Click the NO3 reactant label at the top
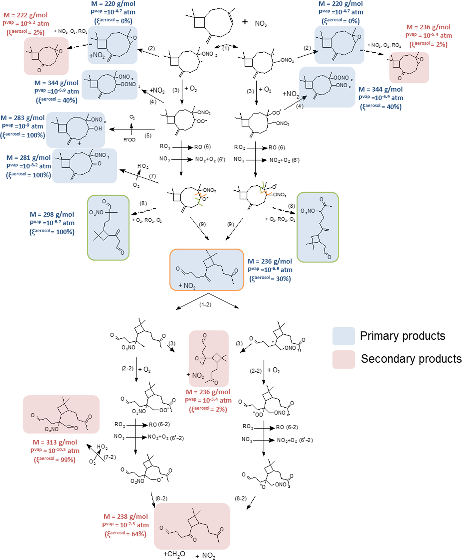tap(261, 24)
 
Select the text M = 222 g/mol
tap(25, 15)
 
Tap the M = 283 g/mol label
tap(23, 118)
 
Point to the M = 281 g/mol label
tap(28, 158)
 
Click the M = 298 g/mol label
tap(52, 215)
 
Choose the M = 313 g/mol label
tap(55, 442)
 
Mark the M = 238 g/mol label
tap(126, 516)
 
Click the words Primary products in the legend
tap(402, 336)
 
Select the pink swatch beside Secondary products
tap(344, 359)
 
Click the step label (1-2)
tap(205, 305)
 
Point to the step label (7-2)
tap(110, 457)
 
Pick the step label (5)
tap(148, 136)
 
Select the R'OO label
tap(129, 140)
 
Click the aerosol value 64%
tap(139, 534)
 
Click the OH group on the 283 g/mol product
tap(98, 128)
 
